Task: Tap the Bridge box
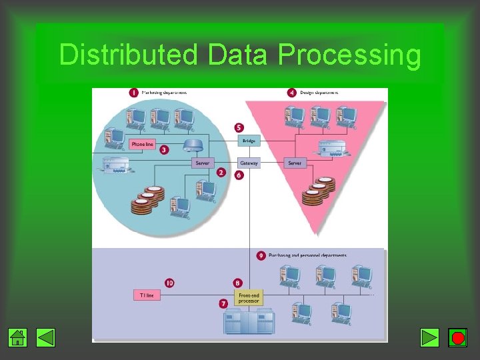click(249, 141)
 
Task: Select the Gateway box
click(249, 163)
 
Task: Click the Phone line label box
click(143, 144)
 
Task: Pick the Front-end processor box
click(248, 298)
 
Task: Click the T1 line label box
click(147, 295)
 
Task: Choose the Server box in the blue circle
click(203, 163)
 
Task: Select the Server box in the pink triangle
click(295, 163)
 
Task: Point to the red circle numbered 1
click(133, 93)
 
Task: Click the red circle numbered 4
click(291, 93)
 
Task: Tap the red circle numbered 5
click(239, 127)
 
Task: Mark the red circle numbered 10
click(169, 283)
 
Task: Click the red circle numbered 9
click(261, 255)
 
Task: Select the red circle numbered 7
click(223, 303)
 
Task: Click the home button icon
click(18, 338)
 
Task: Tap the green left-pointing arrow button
click(46, 338)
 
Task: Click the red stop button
click(458, 338)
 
